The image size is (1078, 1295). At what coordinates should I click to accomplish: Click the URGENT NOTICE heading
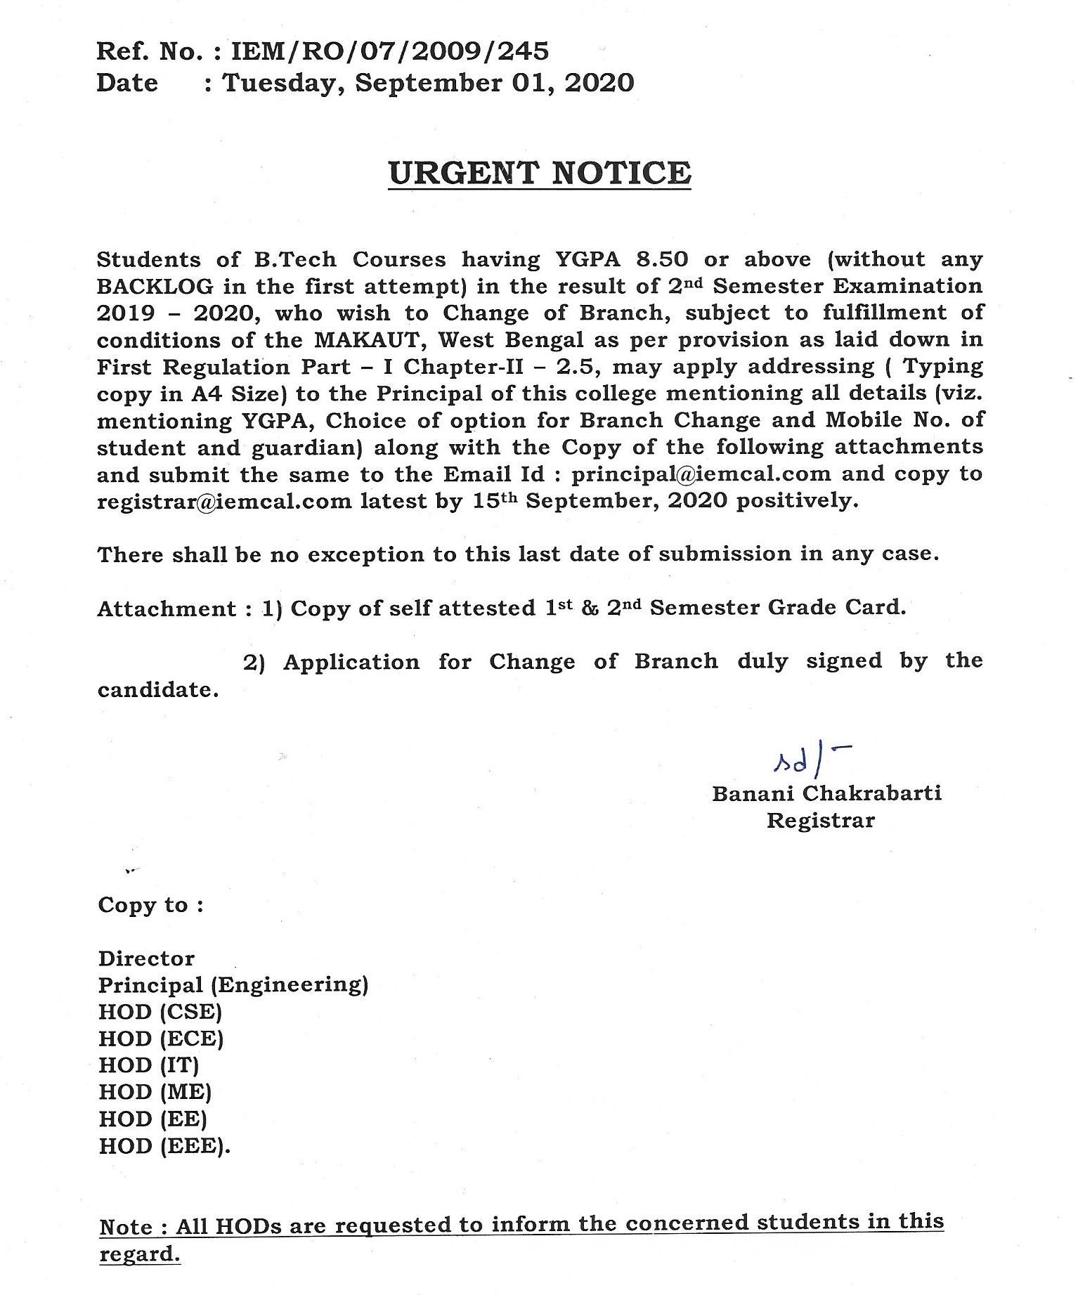540,173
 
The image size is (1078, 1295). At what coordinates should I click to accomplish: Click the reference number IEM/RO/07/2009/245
390,51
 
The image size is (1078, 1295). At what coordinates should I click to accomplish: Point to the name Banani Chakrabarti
827,793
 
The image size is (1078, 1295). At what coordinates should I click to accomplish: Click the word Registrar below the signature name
820,820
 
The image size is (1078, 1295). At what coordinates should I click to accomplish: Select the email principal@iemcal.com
701,474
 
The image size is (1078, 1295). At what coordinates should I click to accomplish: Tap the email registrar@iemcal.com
224,501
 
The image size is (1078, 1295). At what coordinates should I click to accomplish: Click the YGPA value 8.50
662,259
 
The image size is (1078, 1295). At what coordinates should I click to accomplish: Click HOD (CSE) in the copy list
160,1012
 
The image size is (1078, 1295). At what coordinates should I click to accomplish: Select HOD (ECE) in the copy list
161,1039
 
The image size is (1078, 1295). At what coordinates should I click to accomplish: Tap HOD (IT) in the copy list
149,1065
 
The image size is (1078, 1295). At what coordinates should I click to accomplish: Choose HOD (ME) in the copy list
155,1092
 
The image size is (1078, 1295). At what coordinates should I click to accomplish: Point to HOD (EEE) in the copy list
164,1146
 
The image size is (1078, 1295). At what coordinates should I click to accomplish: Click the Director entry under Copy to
146,958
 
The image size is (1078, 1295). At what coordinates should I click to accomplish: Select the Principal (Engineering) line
233,985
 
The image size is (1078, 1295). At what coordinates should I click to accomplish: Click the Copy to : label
150,905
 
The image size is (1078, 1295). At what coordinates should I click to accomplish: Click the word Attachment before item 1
167,609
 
